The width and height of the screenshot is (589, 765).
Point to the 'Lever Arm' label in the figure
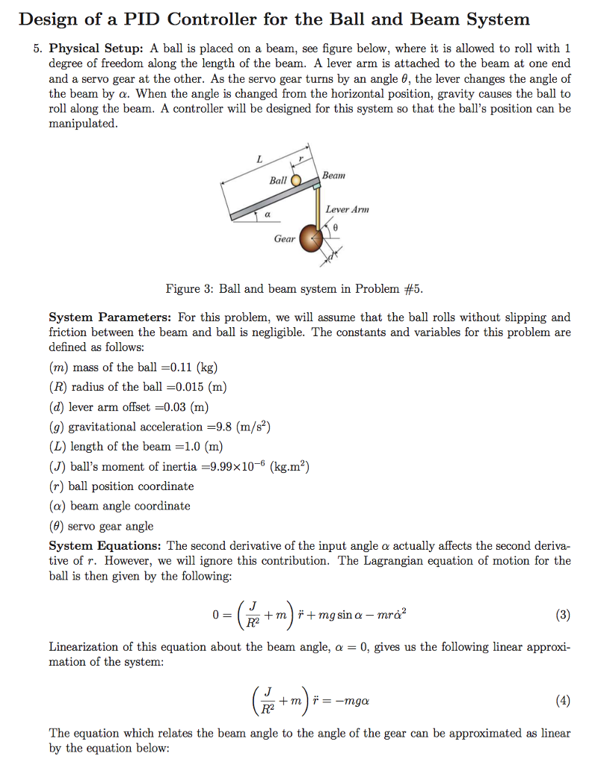(348, 210)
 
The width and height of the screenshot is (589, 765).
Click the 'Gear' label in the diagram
(284, 239)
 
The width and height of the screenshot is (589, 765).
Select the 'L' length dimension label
(259, 158)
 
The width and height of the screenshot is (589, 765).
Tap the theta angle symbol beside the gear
(336, 225)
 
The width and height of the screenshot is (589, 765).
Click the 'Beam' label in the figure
(334, 175)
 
